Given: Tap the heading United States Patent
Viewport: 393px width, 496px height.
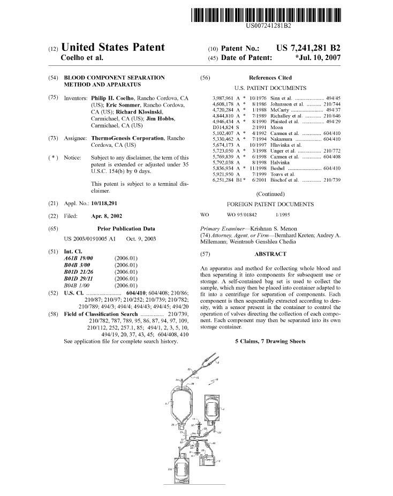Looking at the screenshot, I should pyautogui.click(x=113, y=48).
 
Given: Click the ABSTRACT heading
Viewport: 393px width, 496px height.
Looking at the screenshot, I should pyautogui.click(x=270, y=254).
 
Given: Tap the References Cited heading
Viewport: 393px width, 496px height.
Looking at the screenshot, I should pyautogui.click(x=270, y=78).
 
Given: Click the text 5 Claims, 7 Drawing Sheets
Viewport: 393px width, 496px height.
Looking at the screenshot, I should pyautogui.click(x=270, y=341).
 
